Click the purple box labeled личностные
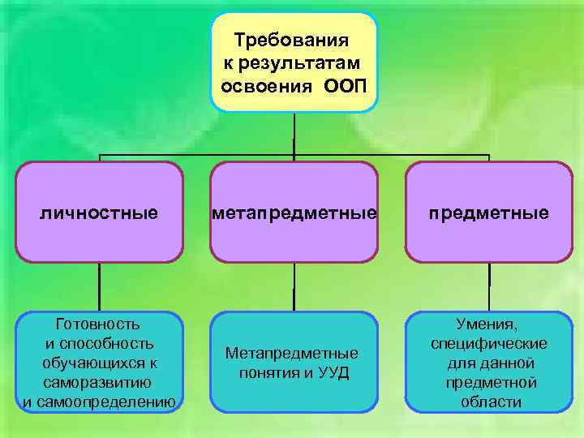pos(99,213)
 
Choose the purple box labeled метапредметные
pos(294,213)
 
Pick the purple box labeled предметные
pos(489,213)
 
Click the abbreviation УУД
pos(333,374)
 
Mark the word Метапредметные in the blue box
pos(292,354)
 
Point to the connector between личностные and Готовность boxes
pos(99,287)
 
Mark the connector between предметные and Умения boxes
pos(489,287)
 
